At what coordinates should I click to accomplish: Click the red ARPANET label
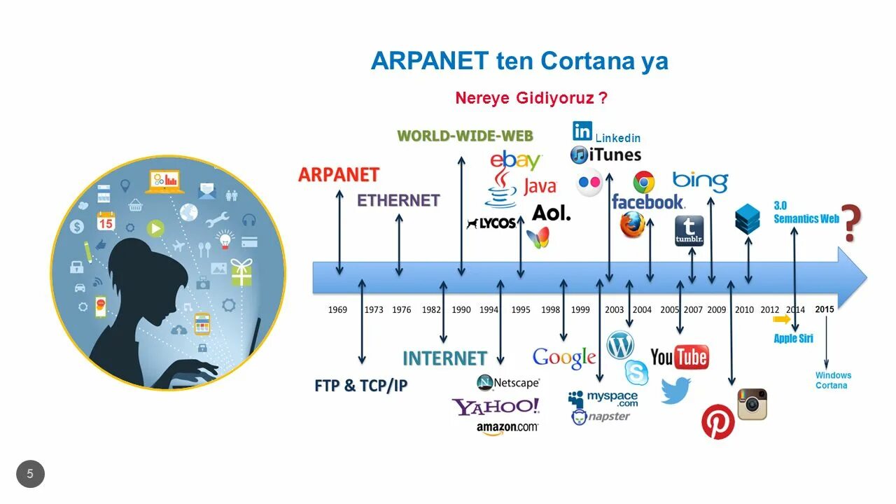point(338,174)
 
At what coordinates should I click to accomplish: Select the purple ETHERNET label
point(398,200)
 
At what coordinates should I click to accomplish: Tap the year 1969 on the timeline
point(337,309)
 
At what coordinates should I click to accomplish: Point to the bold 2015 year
point(825,309)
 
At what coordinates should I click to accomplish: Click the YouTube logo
point(679,357)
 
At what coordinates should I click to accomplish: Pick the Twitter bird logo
point(675,390)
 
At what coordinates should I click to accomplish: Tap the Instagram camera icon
point(752,404)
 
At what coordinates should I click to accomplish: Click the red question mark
point(850,223)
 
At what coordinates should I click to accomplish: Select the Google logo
point(564,358)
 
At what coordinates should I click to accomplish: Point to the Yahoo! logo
point(496,406)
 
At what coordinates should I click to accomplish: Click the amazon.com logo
point(507,427)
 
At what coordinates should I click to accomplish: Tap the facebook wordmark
point(647,202)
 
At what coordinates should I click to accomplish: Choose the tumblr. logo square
point(689,231)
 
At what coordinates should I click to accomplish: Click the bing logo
point(700,181)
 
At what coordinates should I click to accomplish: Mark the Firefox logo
point(632,225)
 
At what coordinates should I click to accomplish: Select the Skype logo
point(636,372)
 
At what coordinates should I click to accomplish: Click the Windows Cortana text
point(833,380)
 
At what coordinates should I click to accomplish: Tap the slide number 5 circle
point(30,474)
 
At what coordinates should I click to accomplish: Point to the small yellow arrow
point(782,319)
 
